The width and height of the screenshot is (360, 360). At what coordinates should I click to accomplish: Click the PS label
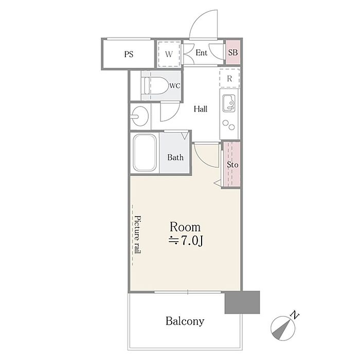point(129,55)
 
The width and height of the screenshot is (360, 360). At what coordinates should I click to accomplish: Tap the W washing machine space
point(169,54)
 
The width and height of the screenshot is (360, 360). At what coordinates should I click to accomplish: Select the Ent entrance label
point(202,53)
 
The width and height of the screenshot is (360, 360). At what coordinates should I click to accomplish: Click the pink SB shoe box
point(233,52)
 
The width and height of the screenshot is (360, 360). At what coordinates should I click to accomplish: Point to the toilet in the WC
point(154,85)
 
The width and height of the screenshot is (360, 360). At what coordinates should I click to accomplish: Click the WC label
point(175,86)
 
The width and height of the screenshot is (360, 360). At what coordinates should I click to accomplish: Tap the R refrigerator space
point(229,78)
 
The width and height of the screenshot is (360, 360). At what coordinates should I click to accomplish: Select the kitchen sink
point(229,103)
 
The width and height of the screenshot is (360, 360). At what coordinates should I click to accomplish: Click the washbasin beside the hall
point(139,116)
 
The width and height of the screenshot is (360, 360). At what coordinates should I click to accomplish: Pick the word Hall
point(201,109)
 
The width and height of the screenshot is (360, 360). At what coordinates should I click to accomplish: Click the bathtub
point(145,153)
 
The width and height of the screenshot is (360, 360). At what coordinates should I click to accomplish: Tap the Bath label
point(175,157)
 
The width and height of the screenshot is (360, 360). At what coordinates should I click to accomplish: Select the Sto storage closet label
point(232,165)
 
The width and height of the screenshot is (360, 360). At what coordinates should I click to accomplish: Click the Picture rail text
point(137,235)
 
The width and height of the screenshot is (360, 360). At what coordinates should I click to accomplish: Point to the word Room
point(185,227)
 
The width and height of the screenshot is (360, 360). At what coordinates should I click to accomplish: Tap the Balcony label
point(185,321)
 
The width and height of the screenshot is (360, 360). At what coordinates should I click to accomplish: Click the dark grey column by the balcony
point(242,302)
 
